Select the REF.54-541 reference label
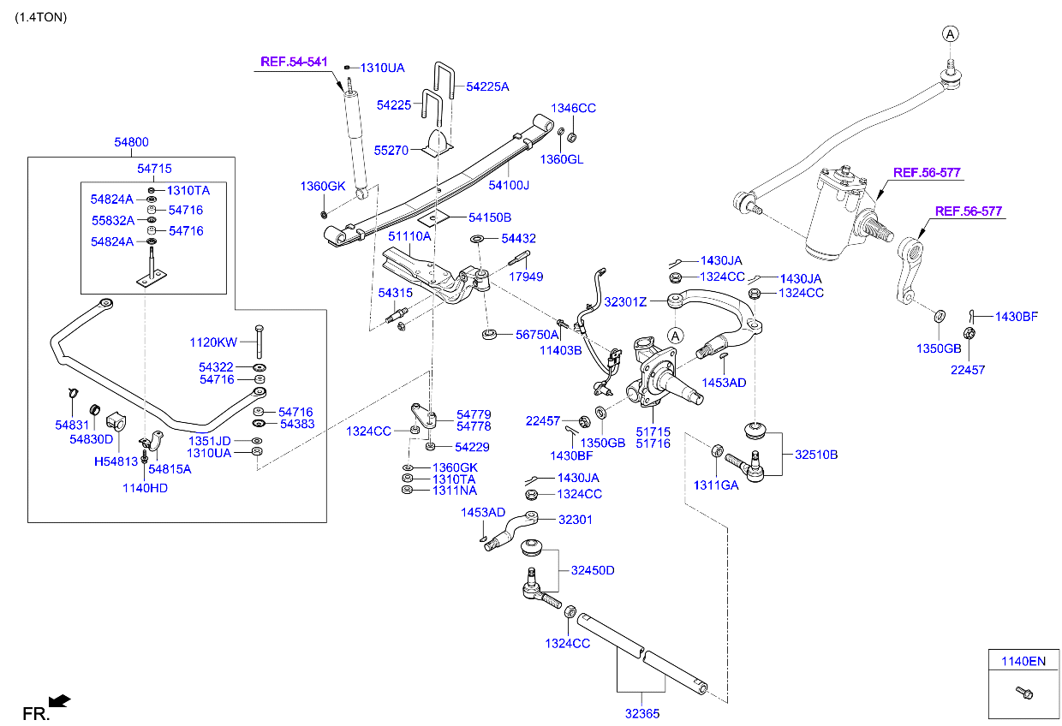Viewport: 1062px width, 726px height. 294,62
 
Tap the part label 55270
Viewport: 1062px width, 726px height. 391,150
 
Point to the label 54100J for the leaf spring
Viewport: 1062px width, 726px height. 509,185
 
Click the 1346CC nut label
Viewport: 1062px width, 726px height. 573,109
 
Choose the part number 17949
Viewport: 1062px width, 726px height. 526,277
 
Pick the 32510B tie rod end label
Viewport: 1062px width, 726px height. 816,455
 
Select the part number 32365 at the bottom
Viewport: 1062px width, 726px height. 642,712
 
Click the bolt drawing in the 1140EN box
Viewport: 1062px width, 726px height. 1023,692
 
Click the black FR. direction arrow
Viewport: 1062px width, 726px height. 60,702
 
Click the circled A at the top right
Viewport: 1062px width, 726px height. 950,33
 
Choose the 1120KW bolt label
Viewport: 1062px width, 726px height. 213,342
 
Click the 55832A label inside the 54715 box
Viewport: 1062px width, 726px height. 112,220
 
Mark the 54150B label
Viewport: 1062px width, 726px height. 489,217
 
